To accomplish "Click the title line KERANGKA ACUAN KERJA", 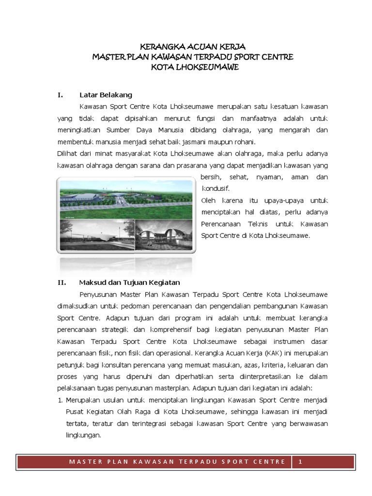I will (x=193, y=47).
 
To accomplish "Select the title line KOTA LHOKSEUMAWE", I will (x=193, y=68).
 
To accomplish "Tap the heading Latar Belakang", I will (x=106, y=94).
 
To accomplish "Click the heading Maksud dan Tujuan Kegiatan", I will (x=129, y=282).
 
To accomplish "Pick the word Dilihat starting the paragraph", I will (x=69, y=154).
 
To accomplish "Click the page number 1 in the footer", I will (x=300, y=462).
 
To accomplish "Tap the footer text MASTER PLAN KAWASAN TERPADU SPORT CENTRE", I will (x=177, y=462).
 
